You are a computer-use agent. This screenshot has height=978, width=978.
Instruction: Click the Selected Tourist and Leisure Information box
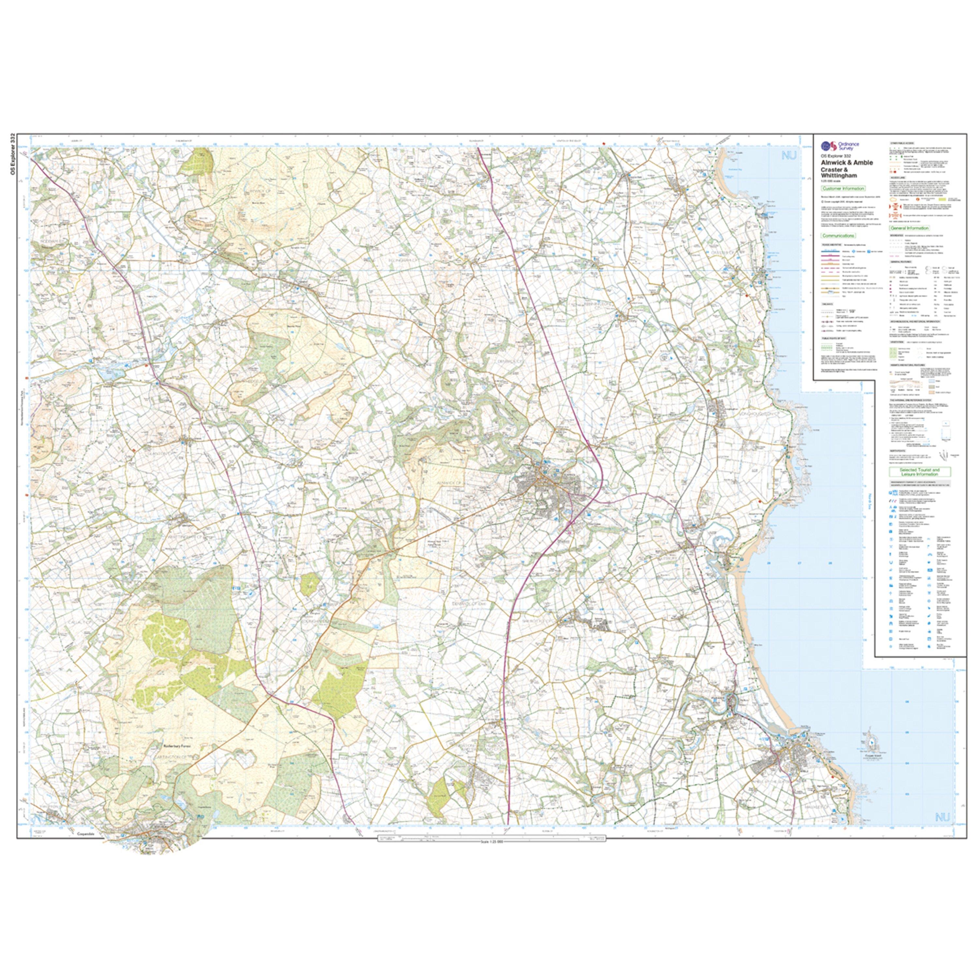pyautogui.click(x=920, y=471)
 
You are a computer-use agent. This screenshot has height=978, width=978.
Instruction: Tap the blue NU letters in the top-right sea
pyautogui.click(x=789, y=156)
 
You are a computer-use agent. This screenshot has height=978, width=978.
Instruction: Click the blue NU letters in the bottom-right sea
pyautogui.click(x=942, y=817)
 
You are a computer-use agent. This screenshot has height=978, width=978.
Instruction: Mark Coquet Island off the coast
pyautogui.click(x=871, y=749)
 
